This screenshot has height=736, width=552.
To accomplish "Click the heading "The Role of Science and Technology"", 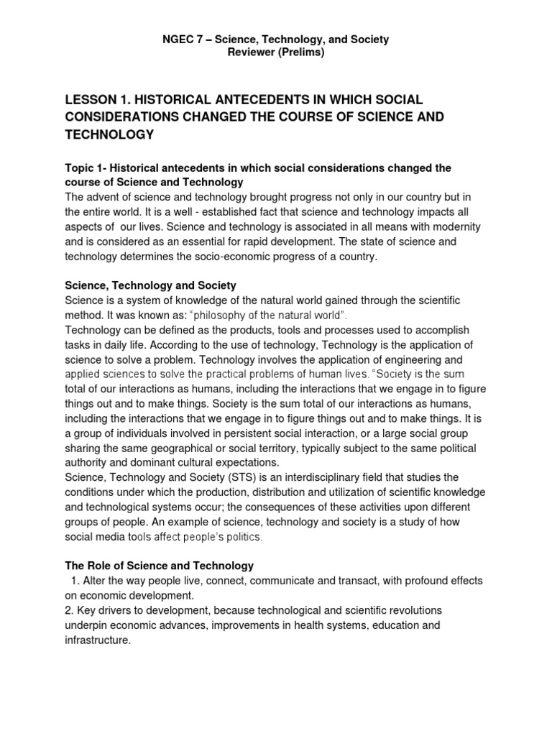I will pyautogui.click(x=160, y=566).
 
